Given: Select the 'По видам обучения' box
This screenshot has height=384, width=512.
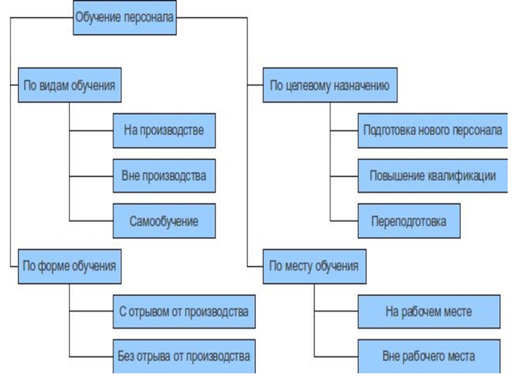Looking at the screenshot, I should pos(70,85).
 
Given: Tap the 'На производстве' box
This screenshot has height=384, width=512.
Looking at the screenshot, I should pos(164,131).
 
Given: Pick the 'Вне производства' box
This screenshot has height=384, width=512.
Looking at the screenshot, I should pos(164,175).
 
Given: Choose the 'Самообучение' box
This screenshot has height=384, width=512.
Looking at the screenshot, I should pos(164,221).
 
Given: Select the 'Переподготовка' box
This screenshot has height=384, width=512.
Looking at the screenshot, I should pos(408,221).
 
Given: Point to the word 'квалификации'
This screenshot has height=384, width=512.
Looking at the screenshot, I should pos(461,175).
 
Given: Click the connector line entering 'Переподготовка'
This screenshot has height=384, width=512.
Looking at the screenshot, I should pos(344,221).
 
